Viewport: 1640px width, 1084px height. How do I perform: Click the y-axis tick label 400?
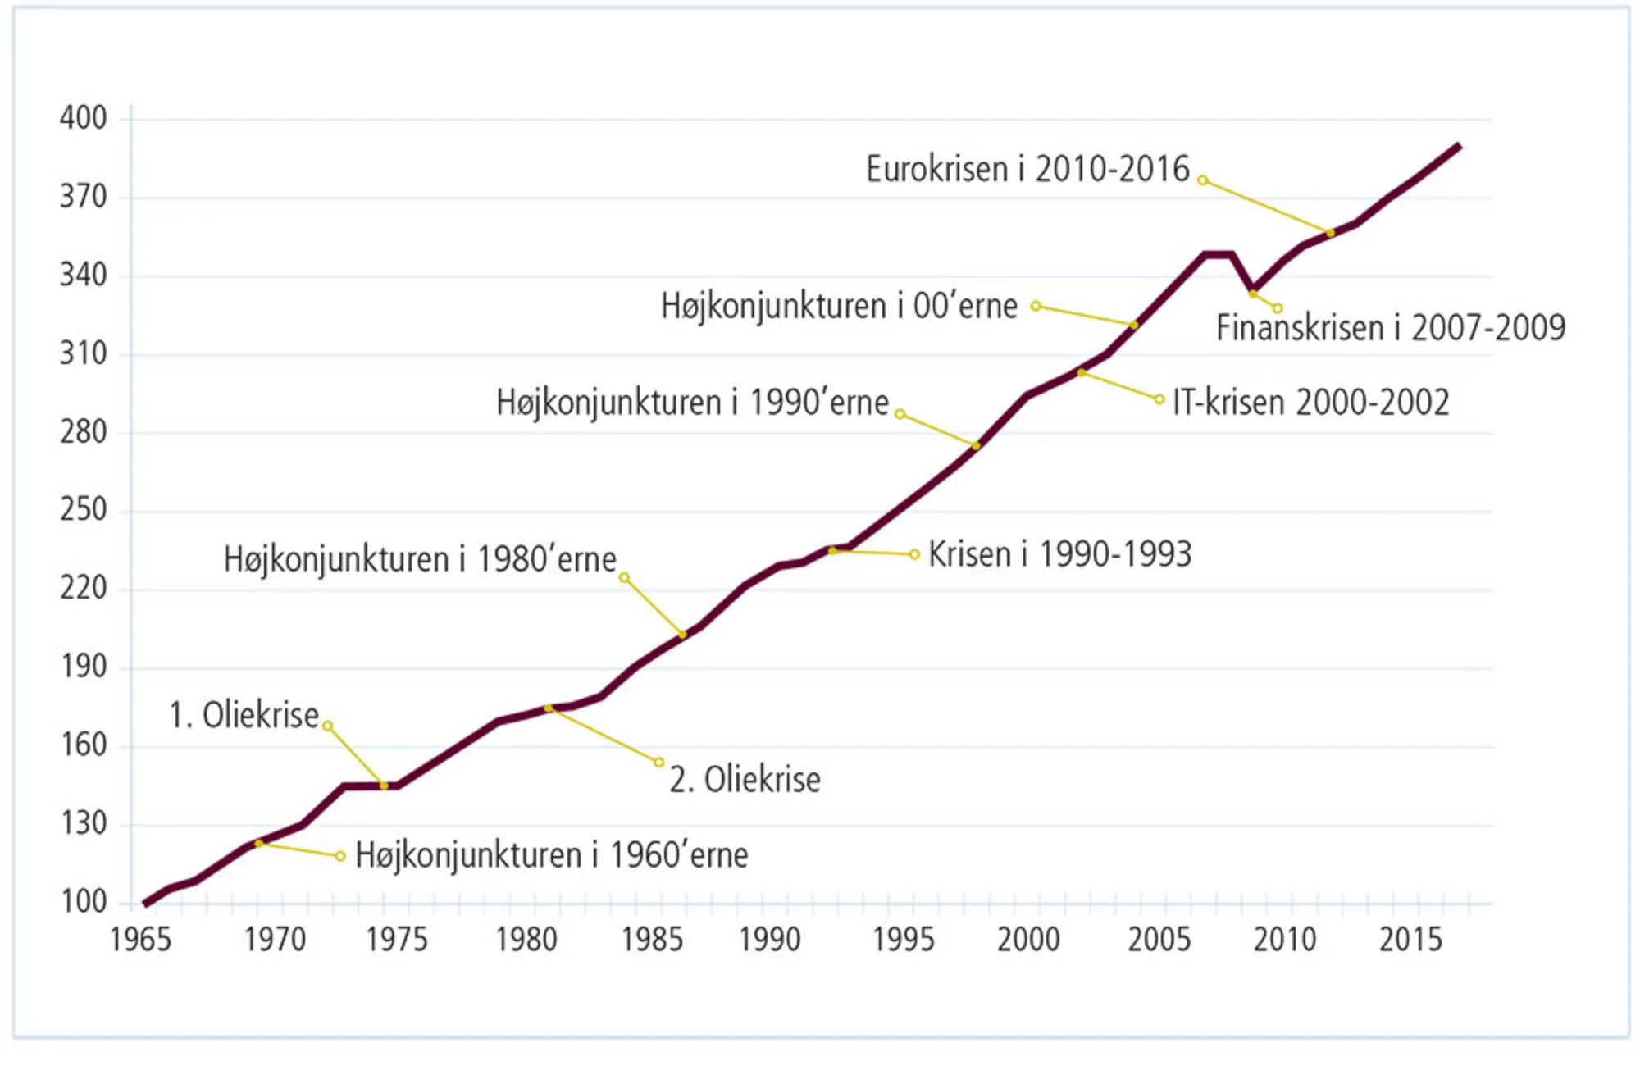point(83,118)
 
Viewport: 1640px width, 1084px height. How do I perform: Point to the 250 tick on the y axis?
point(83,510)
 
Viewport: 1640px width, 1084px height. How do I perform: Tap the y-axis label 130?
point(83,823)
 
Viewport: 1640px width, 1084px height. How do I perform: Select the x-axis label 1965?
point(141,940)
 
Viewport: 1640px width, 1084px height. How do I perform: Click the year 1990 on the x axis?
point(769,940)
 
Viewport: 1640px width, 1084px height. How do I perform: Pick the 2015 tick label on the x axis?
point(1410,940)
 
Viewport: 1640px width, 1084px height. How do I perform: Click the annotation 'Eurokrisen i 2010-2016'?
point(1027,169)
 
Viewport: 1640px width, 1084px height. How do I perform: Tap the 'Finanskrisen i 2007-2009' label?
point(1391,328)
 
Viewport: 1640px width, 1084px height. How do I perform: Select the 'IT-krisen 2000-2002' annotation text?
point(1310,403)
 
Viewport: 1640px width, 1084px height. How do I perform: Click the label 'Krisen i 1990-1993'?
point(1059,555)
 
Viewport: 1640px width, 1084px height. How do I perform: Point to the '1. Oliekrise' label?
point(244,715)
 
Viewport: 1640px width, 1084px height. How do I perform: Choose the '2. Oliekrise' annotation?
point(745,779)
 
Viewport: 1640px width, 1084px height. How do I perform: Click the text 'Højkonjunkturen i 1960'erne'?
point(551,855)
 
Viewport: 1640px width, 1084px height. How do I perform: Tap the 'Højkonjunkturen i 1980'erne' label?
point(420,559)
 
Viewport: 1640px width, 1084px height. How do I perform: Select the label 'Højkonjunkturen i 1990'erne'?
point(692,403)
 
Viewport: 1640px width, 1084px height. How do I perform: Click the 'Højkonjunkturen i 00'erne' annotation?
point(839,306)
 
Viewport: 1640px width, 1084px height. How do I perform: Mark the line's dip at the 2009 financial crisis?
point(1253,292)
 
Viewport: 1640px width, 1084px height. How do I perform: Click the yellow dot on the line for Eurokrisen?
point(1330,233)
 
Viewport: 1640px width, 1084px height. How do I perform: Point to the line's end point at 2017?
point(1460,146)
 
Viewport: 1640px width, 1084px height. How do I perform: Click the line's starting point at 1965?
point(146,904)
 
